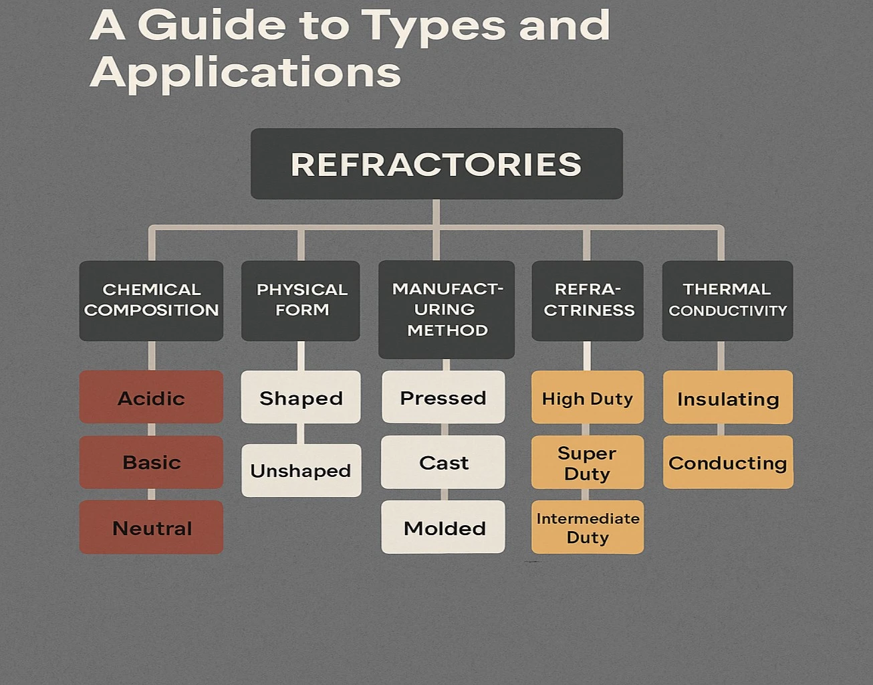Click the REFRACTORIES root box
(x=436, y=164)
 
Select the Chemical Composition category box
(x=151, y=300)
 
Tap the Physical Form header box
(x=301, y=300)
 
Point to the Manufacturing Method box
(x=447, y=310)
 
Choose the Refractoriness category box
(x=588, y=300)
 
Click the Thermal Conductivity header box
(x=727, y=300)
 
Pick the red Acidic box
(x=151, y=397)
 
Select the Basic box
(x=151, y=462)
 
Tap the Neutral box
(x=151, y=528)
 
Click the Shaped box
(x=301, y=397)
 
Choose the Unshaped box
(x=301, y=470)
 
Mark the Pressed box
(x=443, y=397)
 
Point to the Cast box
(x=443, y=462)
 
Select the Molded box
(x=443, y=528)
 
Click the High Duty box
(x=588, y=398)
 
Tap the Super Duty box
(x=588, y=462)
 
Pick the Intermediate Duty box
(x=588, y=528)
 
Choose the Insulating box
(x=728, y=398)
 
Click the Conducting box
(x=728, y=462)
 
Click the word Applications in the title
(x=245, y=72)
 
